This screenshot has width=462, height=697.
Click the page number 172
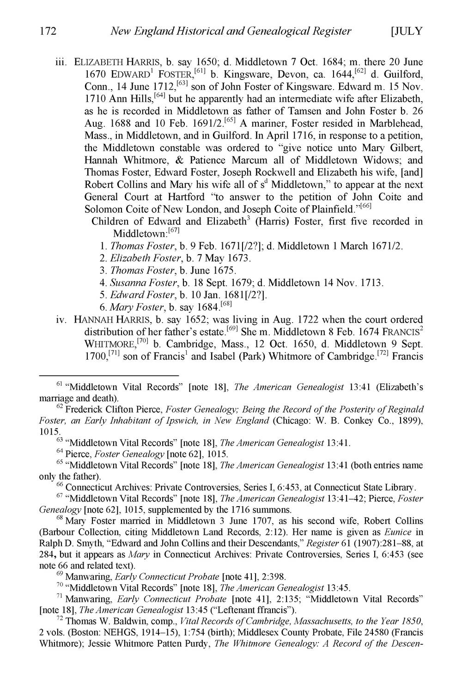click(x=48, y=32)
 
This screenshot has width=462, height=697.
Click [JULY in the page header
click(x=407, y=32)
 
